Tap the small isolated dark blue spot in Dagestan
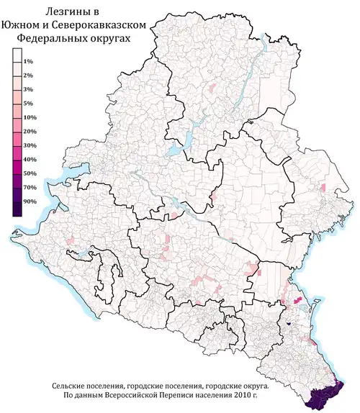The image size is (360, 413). (x=288, y=322)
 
